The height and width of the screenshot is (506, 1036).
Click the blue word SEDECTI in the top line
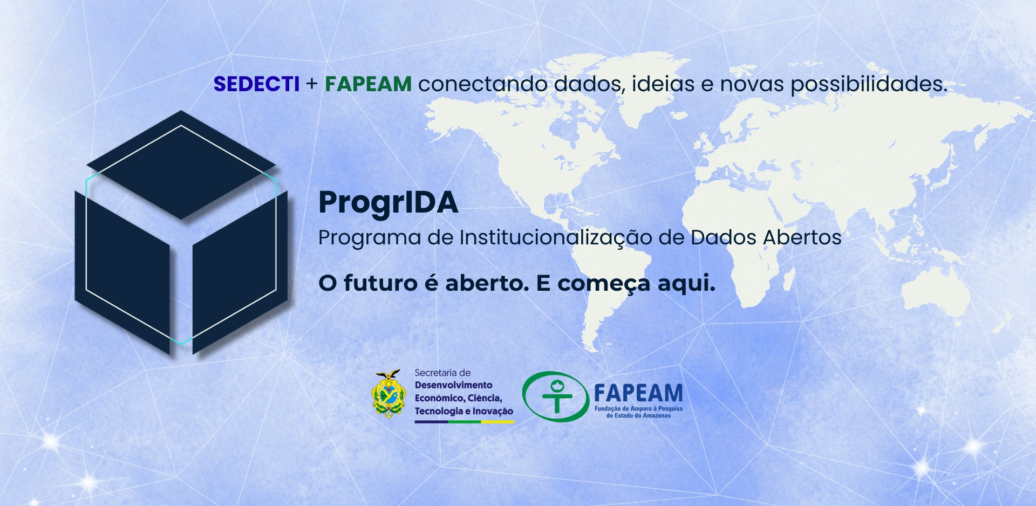(x=256, y=84)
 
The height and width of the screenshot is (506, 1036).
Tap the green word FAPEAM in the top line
(x=368, y=84)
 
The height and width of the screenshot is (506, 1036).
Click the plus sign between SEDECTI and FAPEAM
(x=312, y=85)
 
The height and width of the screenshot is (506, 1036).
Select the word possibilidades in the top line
(x=869, y=85)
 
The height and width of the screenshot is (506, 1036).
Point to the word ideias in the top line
(x=663, y=84)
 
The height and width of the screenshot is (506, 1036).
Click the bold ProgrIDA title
(x=388, y=203)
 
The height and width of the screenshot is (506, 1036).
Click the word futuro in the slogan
(x=380, y=283)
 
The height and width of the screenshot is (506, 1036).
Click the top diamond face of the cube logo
(x=181, y=165)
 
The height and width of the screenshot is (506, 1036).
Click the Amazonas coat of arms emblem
(x=388, y=394)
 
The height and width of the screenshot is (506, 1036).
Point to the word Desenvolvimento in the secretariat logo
(x=453, y=385)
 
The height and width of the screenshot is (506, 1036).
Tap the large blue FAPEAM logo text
(x=638, y=393)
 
